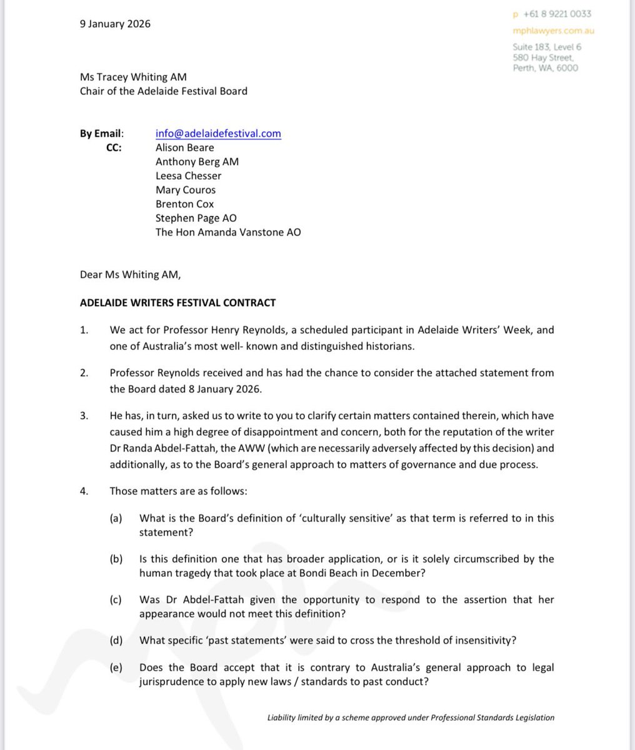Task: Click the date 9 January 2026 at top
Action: click(115, 24)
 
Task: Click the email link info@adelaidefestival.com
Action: click(218, 133)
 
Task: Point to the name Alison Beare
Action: click(184, 147)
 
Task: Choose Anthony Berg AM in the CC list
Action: click(197, 161)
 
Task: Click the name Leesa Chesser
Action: click(188, 176)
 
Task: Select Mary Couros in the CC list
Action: click(186, 189)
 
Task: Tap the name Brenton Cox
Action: click(184, 204)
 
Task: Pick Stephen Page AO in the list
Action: click(196, 218)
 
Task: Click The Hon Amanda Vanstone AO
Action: click(228, 232)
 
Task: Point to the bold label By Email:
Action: click(102, 133)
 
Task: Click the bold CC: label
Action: click(114, 147)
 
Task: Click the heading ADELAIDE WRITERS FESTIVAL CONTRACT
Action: click(177, 303)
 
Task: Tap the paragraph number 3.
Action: click(84, 416)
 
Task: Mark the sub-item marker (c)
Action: click(116, 599)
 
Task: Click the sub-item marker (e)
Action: click(116, 667)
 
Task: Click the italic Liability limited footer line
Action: click(410, 717)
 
